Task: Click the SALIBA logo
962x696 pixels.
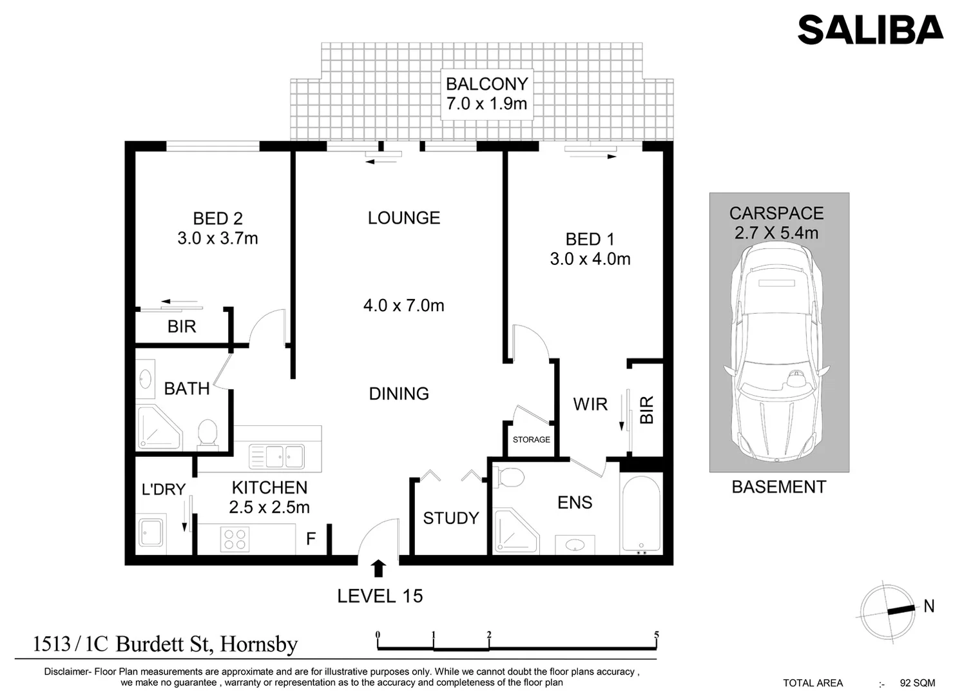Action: (870, 30)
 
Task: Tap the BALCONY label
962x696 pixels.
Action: (486, 84)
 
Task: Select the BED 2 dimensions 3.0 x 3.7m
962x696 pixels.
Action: (218, 238)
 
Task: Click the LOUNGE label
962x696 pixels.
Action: (404, 218)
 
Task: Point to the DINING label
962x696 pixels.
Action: (399, 394)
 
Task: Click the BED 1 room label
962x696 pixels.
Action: (590, 239)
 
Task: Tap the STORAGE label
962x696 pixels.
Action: (531, 440)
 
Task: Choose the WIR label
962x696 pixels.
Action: (590, 404)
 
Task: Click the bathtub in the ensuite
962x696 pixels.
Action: (640, 514)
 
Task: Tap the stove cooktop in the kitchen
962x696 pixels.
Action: (235, 539)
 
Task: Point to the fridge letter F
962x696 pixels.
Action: (311, 539)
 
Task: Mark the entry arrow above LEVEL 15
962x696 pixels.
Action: (378, 568)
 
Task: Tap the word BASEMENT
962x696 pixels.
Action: (778, 487)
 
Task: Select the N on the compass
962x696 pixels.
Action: (928, 606)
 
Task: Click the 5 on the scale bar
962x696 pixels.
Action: (656, 635)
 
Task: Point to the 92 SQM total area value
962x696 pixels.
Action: (917, 683)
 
